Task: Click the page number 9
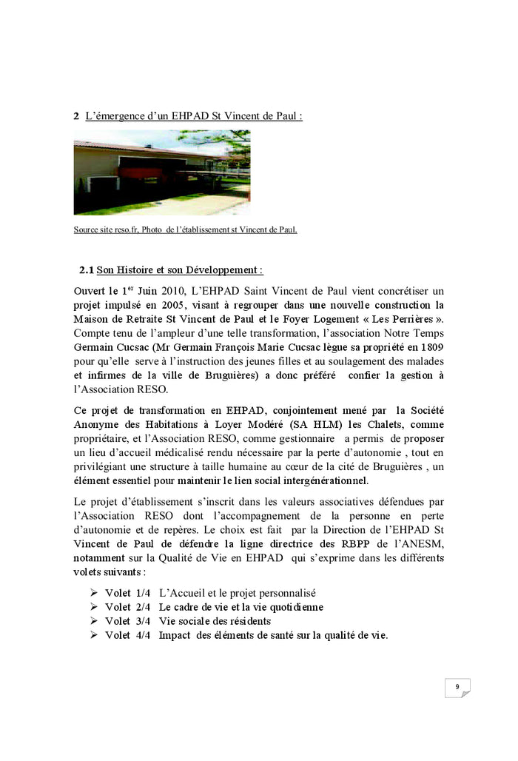457,687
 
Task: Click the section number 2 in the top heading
76,116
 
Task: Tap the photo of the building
162,172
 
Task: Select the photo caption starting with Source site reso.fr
185,229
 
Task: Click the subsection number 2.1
87,270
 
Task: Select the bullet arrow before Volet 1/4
93,593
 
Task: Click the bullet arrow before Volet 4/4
93,635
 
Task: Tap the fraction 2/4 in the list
141,607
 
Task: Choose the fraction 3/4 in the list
141,621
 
